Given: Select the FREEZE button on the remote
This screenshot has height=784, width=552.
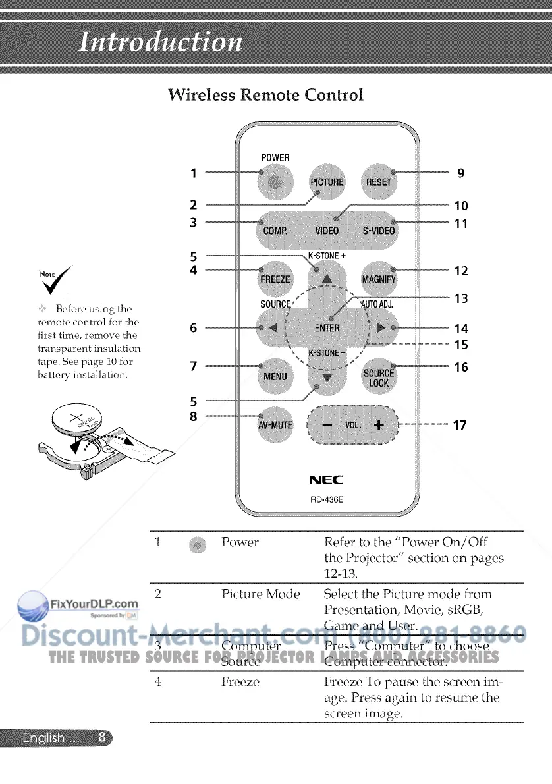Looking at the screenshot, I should (275, 279).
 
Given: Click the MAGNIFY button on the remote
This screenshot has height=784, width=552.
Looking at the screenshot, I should (379, 279).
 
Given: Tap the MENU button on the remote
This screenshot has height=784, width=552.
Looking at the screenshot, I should (275, 376).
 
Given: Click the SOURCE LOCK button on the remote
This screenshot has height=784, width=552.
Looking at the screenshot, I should (379, 377).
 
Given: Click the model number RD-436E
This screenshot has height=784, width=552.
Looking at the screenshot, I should (327, 499).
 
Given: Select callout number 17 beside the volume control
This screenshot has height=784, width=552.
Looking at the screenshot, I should (460, 425).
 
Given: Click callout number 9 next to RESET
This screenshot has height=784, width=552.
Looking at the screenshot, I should (461, 173).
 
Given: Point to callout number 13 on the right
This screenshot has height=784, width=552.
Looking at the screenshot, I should (461, 299).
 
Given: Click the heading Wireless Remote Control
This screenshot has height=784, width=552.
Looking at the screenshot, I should (265, 95).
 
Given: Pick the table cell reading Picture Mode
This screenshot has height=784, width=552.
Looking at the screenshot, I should (261, 594).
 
